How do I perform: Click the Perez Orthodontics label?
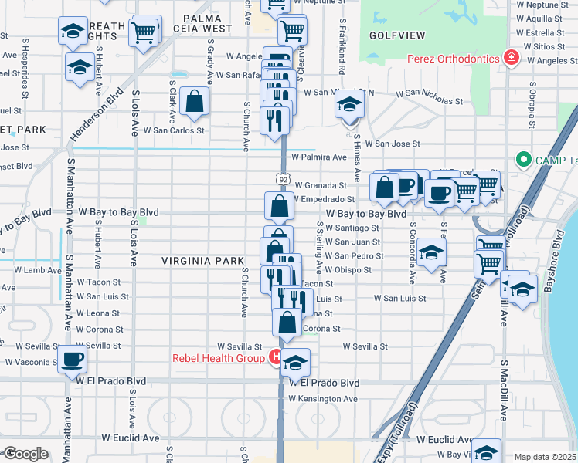coord(452,58)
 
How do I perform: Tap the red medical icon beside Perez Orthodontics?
coord(510,58)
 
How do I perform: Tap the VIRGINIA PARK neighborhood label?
coord(202,261)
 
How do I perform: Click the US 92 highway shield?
coord(284,180)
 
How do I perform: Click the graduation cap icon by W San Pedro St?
coord(432,253)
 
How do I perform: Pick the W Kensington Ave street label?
coord(323,399)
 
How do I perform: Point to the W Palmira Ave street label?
coord(319,157)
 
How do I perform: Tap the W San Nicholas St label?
coord(430,100)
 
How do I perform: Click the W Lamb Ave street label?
coord(32,270)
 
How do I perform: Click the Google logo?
coord(25,454)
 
